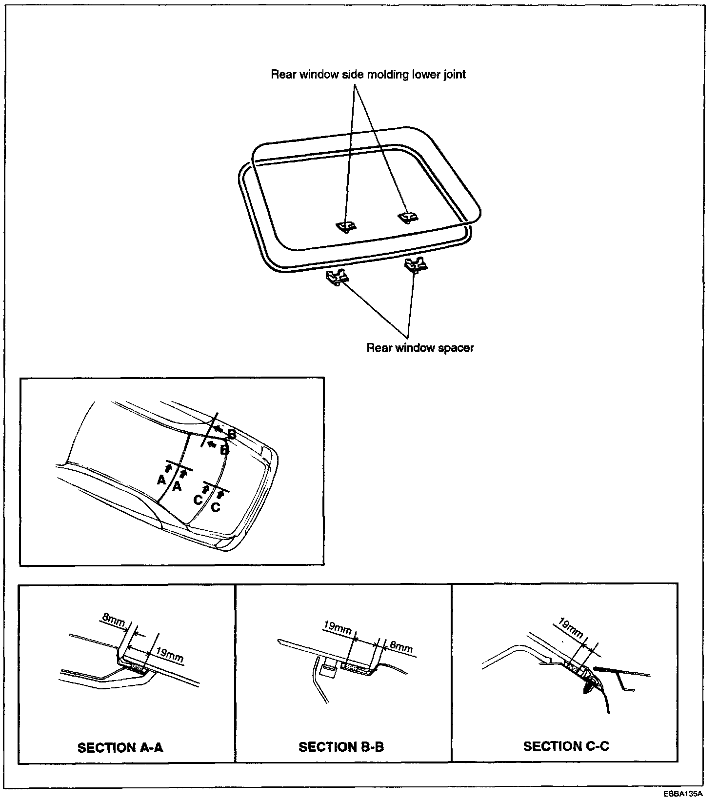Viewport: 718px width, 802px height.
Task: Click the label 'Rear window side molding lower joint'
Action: click(368, 75)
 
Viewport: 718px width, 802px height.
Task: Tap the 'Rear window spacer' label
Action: click(420, 348)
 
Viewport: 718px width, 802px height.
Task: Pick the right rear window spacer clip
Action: click(415, 265)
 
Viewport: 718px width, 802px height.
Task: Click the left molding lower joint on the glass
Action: click(346, 225)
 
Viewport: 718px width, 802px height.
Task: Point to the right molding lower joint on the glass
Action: click(407, 217)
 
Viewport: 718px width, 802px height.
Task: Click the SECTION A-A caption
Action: click(120, 747)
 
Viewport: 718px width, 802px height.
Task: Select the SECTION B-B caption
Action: click(341, 747)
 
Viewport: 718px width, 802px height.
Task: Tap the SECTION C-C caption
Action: click(566, 746)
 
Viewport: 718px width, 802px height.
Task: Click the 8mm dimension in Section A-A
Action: click(114, 622)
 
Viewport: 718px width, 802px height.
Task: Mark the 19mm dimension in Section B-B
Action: click(338, 627)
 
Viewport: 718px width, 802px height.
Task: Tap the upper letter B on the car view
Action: click(232, 434)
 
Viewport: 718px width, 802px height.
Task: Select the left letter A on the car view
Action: click(161, 480)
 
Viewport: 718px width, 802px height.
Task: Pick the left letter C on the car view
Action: click(198, 500)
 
